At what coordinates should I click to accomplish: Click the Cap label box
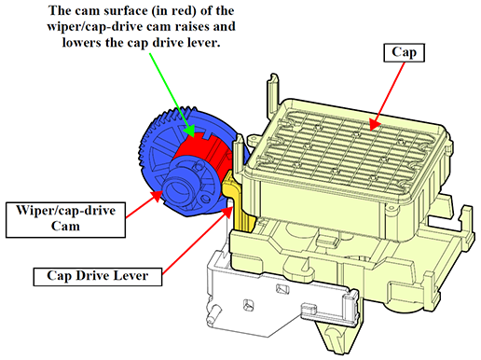tap(404, 52)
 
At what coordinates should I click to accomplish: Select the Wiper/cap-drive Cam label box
tap(65, 220)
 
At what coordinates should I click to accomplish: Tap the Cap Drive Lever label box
tap(98, 276)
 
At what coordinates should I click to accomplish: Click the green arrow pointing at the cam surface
tap(172, 95)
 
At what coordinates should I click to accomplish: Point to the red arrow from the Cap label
tap(387, 96)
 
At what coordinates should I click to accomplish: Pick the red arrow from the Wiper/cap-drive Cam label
tap(144, 204)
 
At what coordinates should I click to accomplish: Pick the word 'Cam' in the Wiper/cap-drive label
tap(65, 227)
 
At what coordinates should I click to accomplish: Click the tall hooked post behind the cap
tap(273, 93)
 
